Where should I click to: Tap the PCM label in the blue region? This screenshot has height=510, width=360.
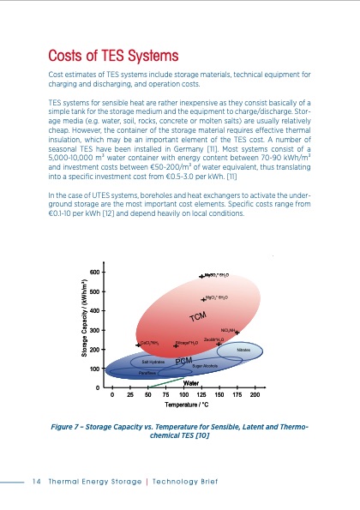point(183,361)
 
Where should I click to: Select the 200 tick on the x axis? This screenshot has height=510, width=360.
point(255,395)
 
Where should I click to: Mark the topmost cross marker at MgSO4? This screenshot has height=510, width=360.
point(201,275)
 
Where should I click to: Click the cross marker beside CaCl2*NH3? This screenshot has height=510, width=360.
point(138,344)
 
